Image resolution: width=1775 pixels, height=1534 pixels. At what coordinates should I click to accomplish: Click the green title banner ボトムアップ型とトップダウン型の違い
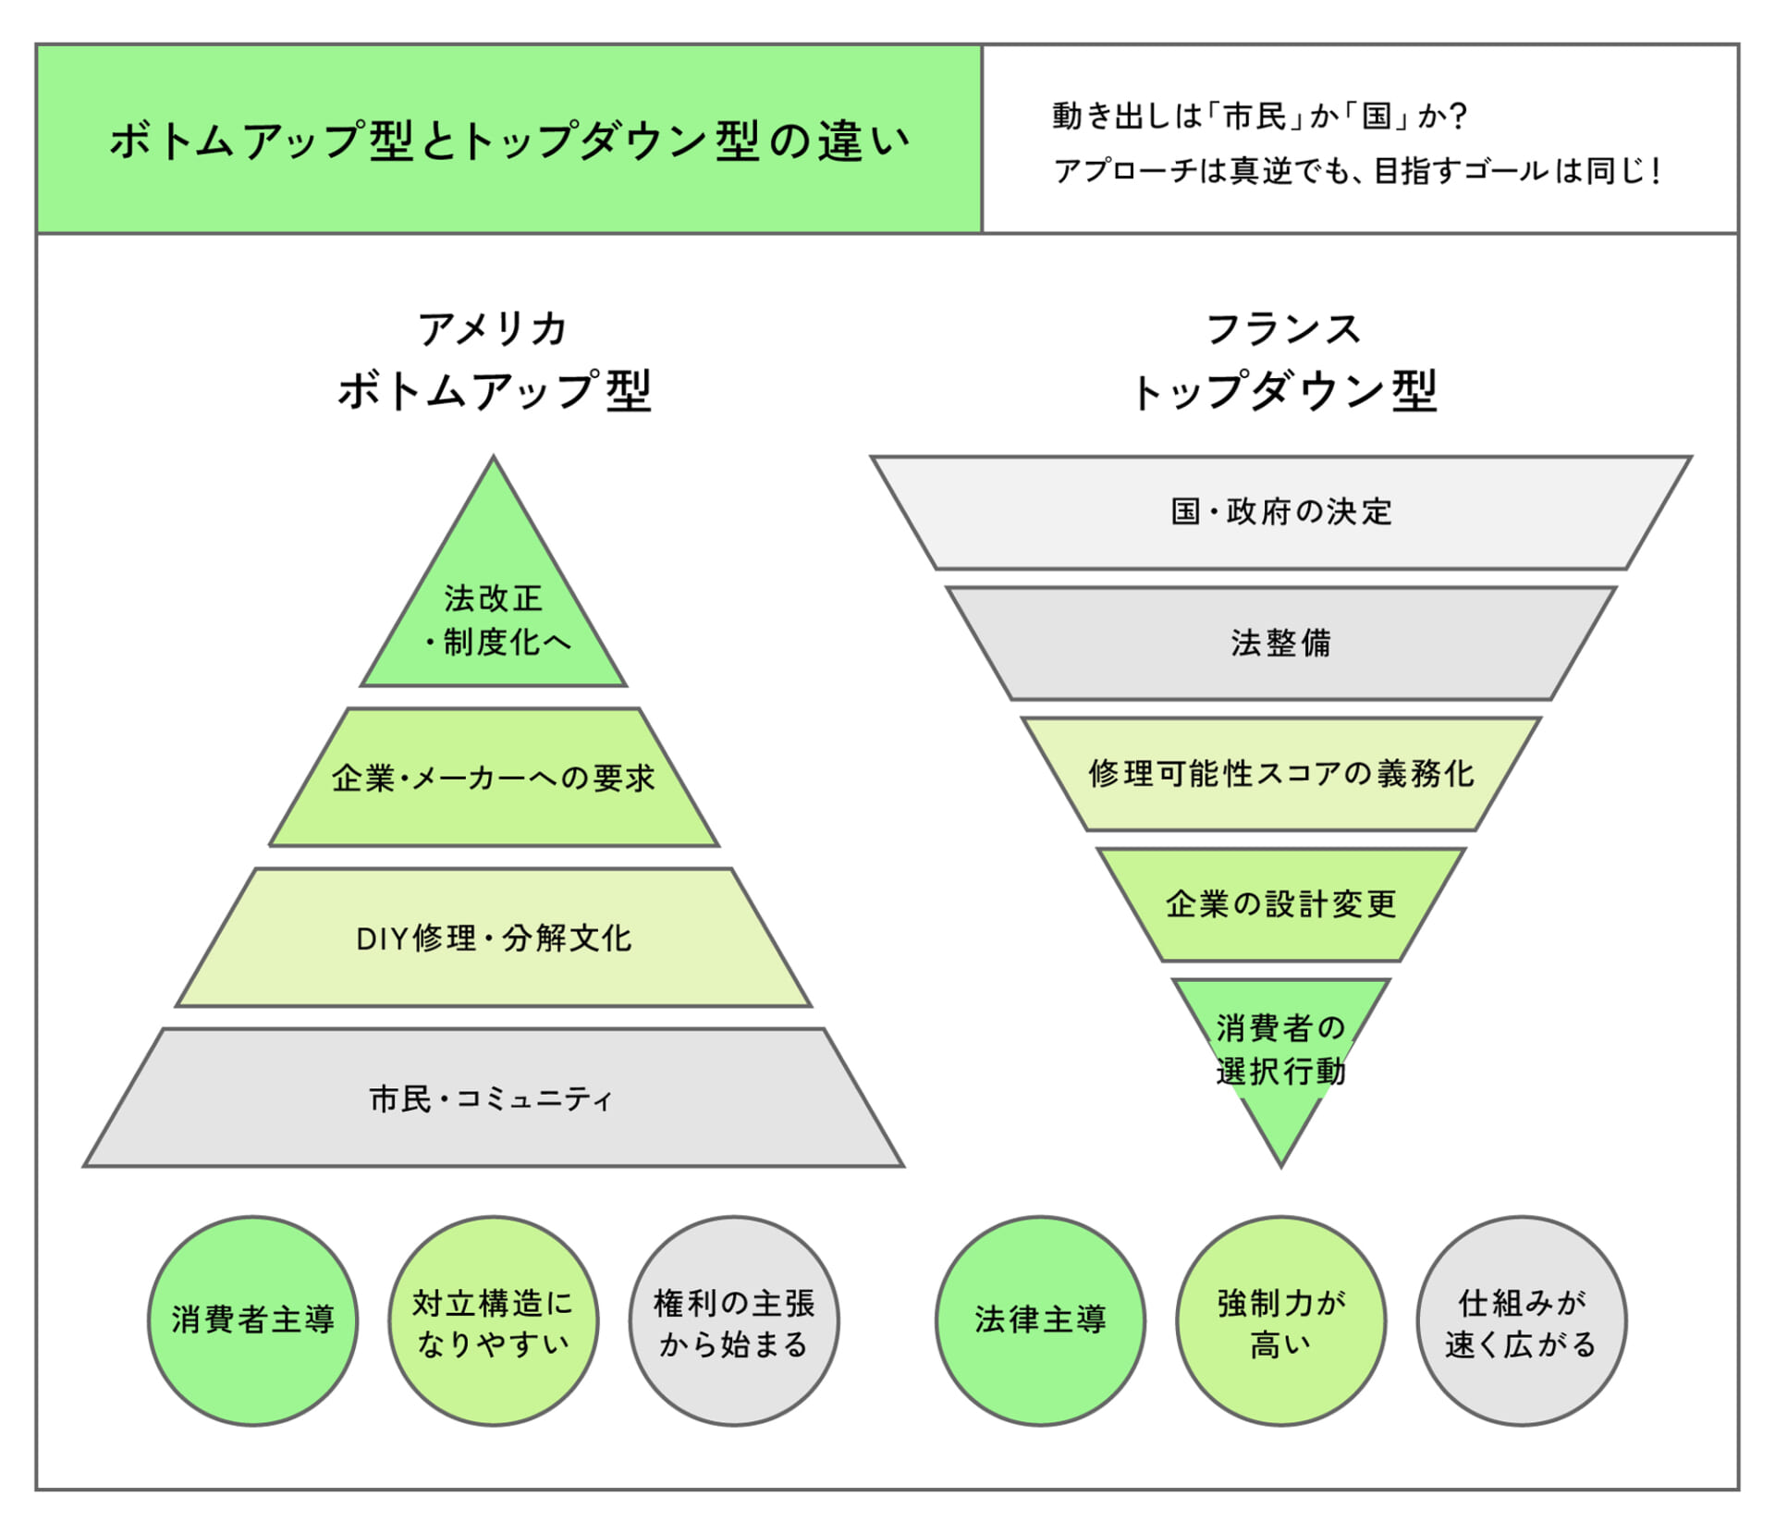coord(508,141)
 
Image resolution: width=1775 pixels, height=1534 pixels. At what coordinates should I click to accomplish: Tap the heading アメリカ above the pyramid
coord(493,329)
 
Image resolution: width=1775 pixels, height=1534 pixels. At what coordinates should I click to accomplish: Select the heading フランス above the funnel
coord(1282,329)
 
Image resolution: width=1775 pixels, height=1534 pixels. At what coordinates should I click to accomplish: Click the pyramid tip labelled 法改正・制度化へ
coord(494,620)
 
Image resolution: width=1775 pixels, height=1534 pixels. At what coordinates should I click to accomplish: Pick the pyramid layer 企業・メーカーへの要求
coord(494,778)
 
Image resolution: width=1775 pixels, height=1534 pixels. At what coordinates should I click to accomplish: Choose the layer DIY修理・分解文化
coord(494,938)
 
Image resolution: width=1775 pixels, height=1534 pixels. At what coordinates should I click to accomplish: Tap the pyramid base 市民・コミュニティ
coord(494,1098)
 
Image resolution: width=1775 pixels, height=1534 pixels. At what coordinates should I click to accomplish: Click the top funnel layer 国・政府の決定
coord(1281,511)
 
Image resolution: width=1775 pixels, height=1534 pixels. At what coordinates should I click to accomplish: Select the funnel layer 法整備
coord(1281,643)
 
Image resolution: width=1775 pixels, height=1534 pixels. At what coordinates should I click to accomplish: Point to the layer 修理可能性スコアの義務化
coord(1281,773)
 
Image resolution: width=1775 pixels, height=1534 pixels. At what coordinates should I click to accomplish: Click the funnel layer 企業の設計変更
coord(1281,903)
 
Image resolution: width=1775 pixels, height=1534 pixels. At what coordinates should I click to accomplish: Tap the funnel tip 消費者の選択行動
coord(1281,1049)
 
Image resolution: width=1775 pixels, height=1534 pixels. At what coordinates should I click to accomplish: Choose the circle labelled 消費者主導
coord(252,1319)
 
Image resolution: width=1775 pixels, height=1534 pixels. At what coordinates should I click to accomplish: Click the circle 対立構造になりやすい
coord(494,1320)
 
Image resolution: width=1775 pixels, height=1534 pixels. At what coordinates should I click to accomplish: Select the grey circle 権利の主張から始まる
coord(734,1320)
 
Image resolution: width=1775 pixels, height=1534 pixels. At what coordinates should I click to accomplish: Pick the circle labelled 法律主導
coord(1040,1319)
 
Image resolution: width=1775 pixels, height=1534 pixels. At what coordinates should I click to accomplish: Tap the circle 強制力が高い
coord(1281,1320)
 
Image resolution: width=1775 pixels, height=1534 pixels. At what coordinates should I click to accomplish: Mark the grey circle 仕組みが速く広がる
coord(1522,1320)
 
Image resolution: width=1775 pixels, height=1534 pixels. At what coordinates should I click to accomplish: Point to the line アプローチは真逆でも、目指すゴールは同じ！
coord(1357,171)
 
